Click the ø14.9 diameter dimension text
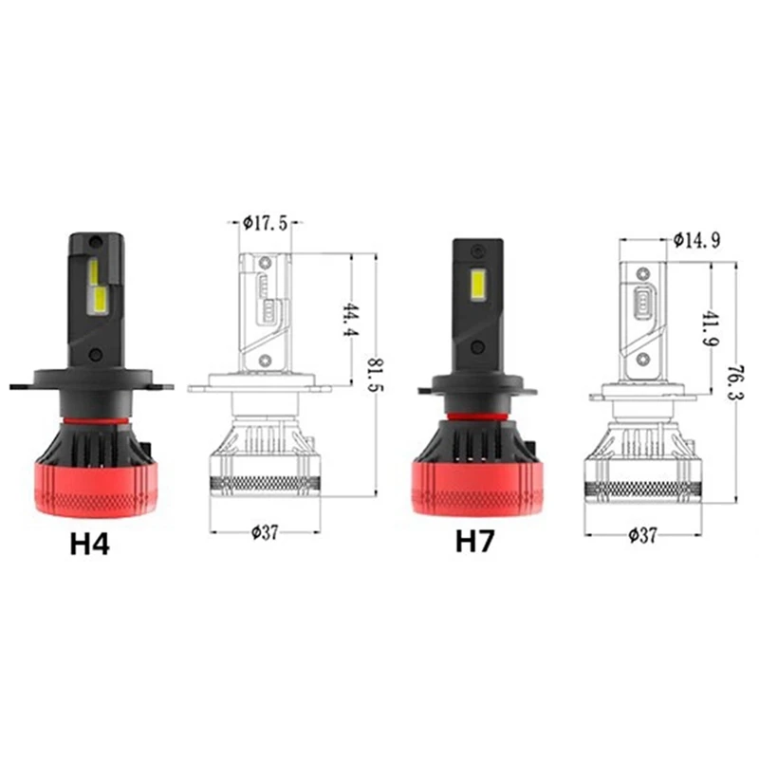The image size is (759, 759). (697, 240)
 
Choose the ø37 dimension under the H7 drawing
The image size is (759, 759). (642, 534)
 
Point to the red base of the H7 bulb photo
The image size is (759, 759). (479, 479)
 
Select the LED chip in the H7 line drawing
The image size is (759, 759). (644, 301)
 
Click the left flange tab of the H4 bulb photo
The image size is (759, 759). (24, 385)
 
